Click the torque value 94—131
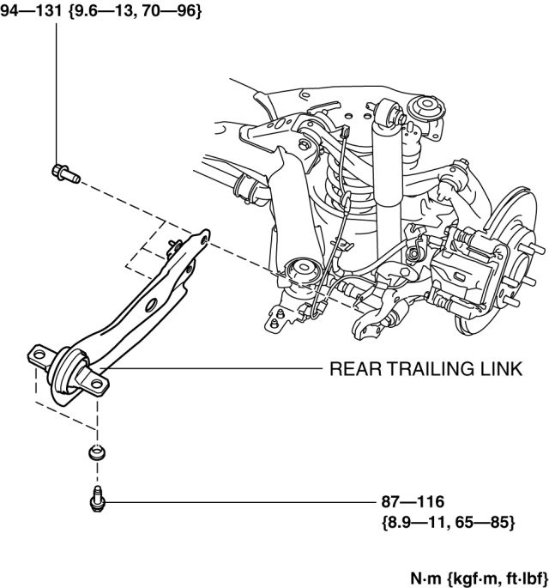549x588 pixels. point(30,12)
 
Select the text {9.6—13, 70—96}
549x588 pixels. point(131,12)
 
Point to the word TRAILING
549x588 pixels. point(427,369)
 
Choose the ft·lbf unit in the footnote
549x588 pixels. point(519,571)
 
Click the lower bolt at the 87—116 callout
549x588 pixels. point(96,497)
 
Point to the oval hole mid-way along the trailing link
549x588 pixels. point(151,306)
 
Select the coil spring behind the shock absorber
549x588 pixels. point(339,193)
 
